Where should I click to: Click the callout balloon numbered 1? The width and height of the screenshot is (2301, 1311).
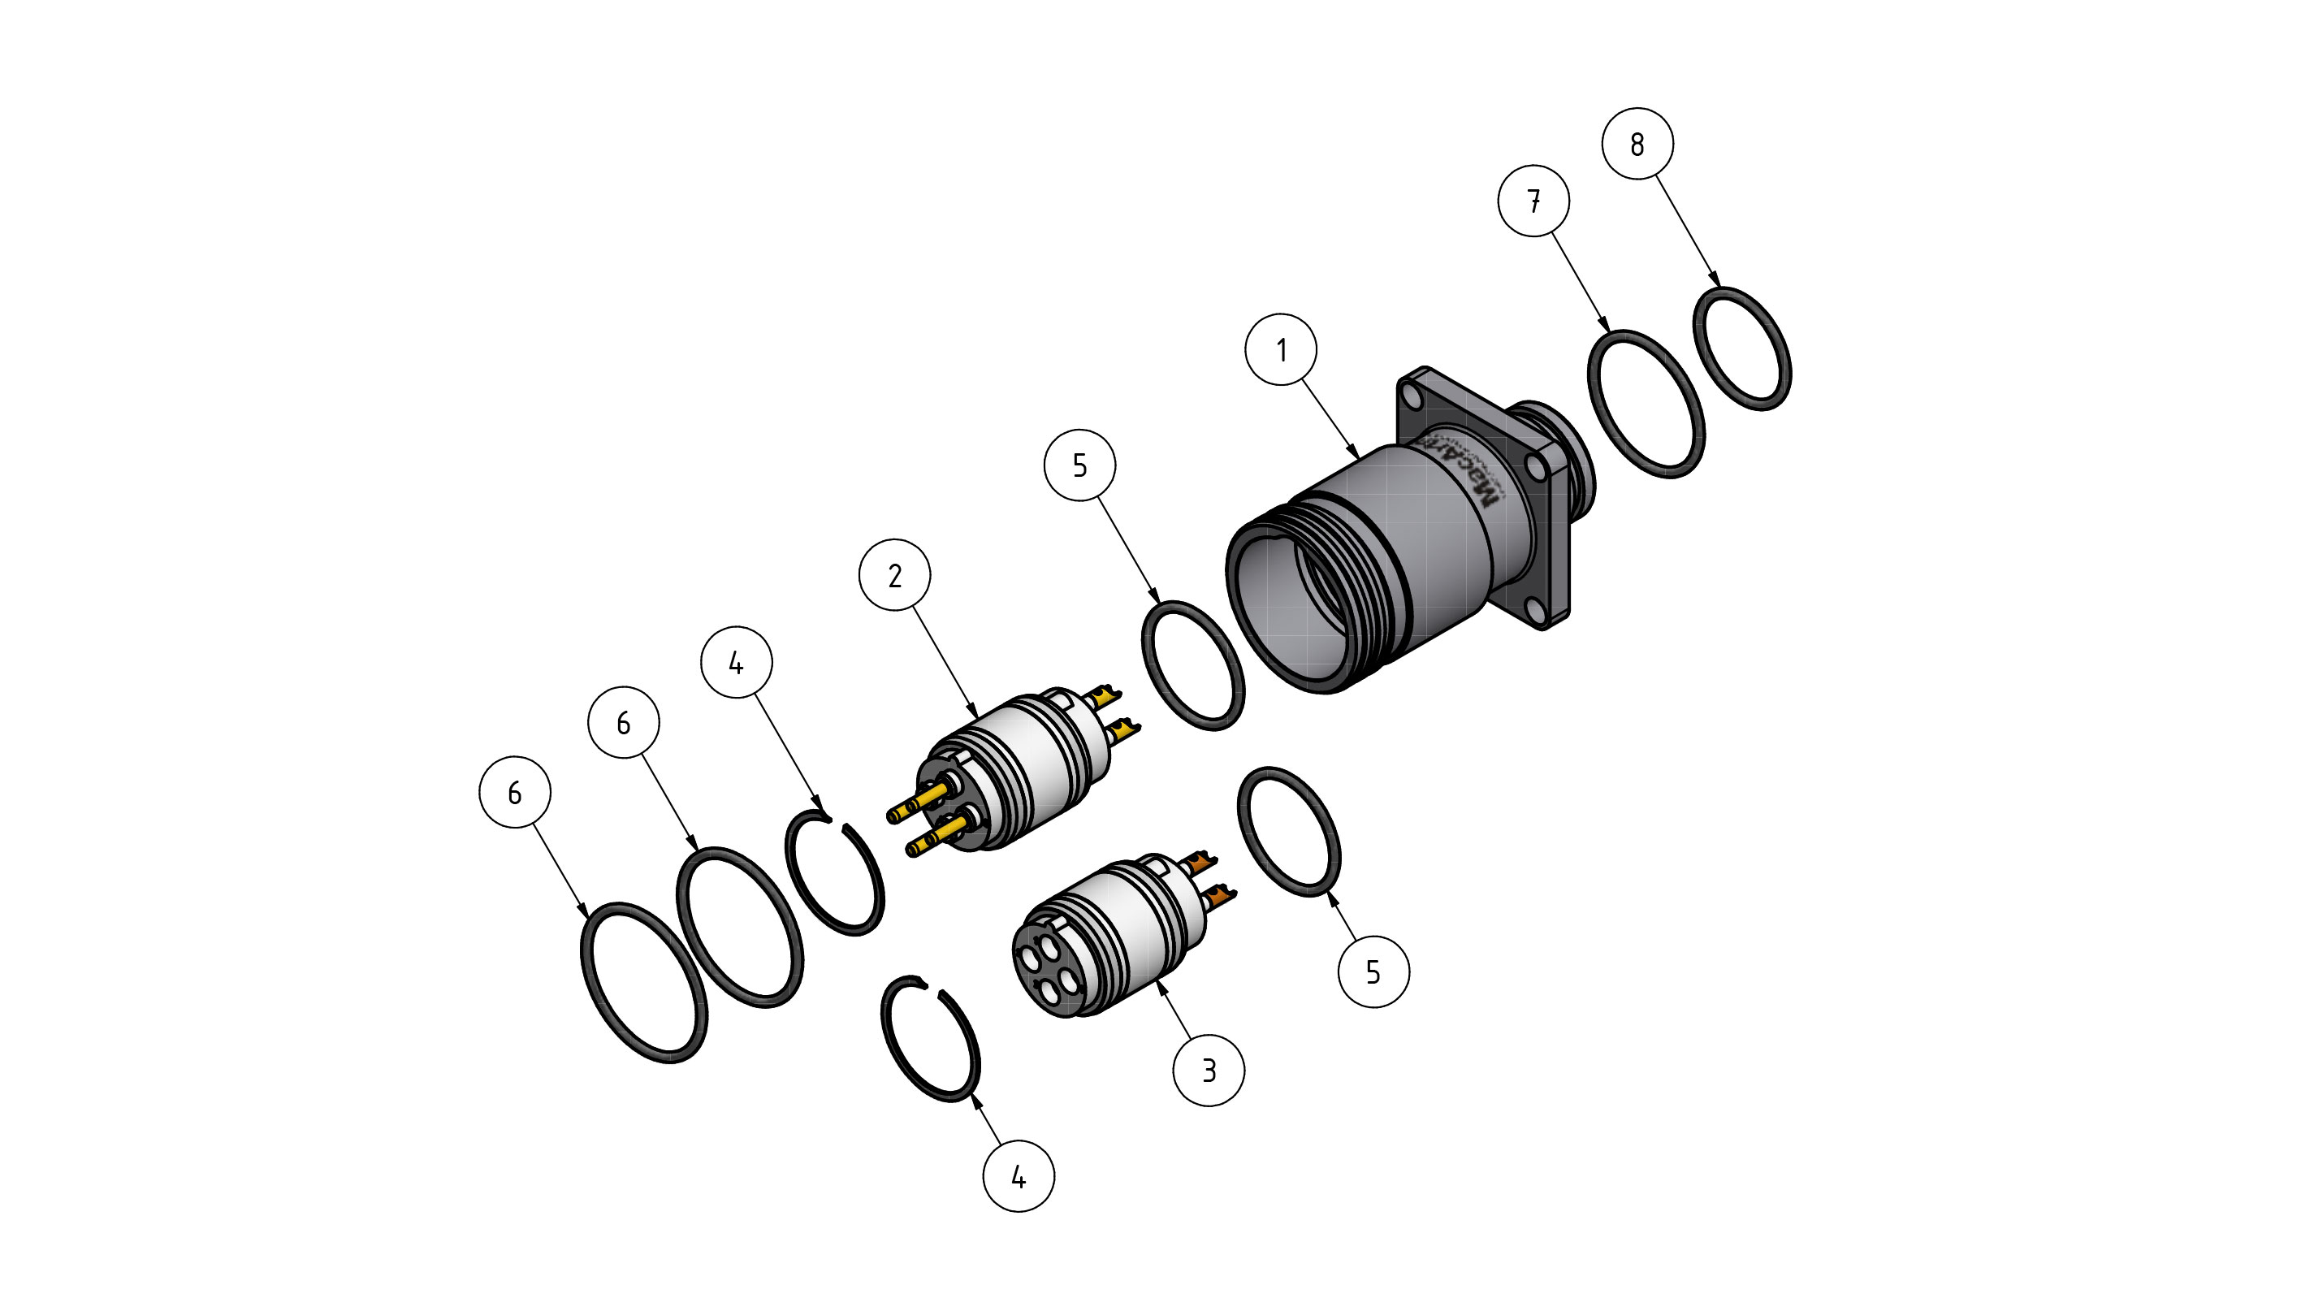tap(1280, 349)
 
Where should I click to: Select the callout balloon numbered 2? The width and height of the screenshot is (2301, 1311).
tap(894, 575)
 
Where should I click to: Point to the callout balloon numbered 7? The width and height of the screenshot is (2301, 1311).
tap(1533, 201)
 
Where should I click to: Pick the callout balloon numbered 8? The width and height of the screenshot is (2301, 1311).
tap(1637, 144)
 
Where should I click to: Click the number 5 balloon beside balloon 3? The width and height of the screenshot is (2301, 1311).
tap(1373, 971)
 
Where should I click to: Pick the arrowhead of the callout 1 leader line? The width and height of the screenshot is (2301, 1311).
tap(1356, 455)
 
